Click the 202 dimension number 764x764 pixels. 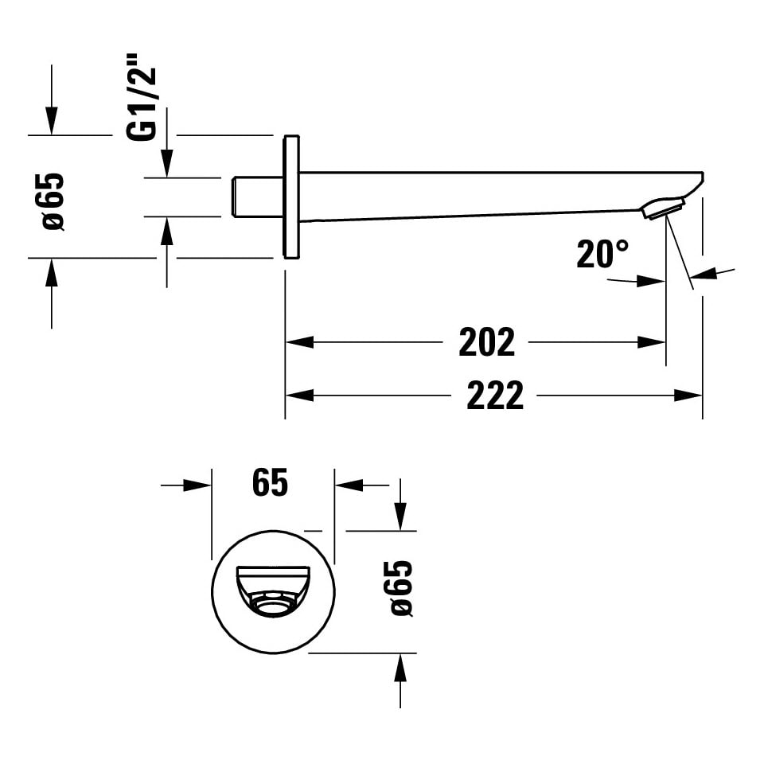click(x=486, y=342)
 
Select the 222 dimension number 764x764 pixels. click(x=494, y=396)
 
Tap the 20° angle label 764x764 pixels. click(x=602, y=254)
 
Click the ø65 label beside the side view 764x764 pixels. click(x=53, y=201)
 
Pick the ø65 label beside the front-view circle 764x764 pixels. click(x=401, y=588)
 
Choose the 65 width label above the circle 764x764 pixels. click(x=270, y=482)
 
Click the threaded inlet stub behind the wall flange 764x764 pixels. click(x=257, y=197)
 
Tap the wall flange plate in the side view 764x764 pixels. click(x=291, y=197)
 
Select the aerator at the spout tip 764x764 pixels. click(x=663, y=208)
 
